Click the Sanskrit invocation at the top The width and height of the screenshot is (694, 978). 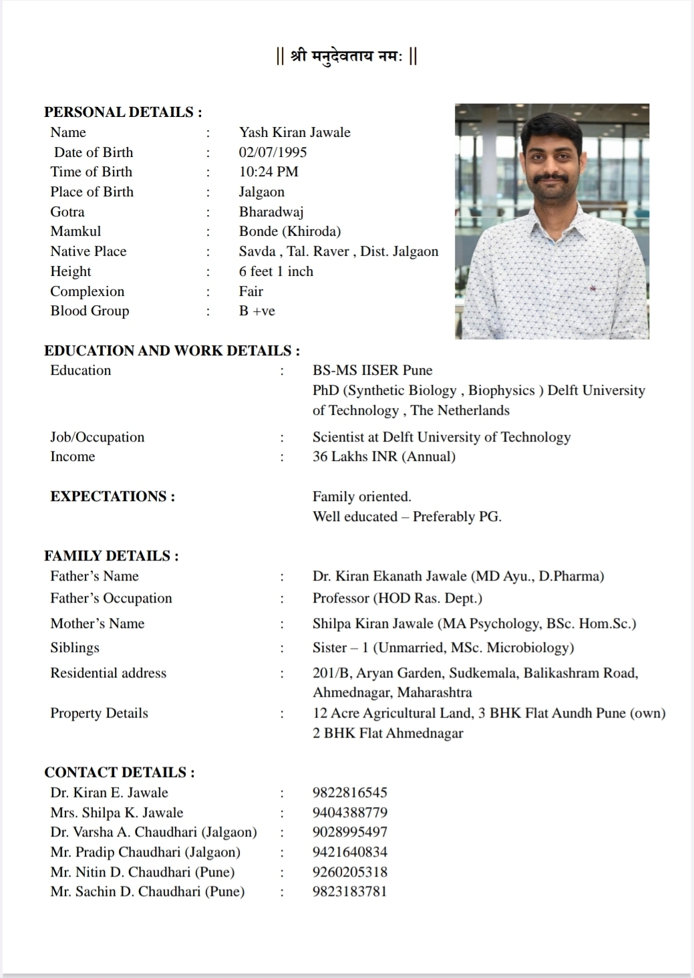347,57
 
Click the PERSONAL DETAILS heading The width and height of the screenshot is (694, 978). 123,112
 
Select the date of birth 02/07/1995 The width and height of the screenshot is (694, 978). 273,152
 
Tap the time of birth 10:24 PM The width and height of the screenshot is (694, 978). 269,172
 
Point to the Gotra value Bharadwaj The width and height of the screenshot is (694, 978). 271,212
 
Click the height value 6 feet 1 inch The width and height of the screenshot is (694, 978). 276,271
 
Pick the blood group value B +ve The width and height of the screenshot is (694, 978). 256,311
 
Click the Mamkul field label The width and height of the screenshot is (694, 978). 75,231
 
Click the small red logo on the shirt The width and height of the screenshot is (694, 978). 591,289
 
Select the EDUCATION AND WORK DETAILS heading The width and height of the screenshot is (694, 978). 172,351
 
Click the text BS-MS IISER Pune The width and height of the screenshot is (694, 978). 372,370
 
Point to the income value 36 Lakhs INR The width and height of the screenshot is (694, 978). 383,456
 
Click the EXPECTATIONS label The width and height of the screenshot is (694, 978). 112,496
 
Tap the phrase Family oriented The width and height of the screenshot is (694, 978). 361,496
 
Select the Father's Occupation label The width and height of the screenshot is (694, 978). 111,598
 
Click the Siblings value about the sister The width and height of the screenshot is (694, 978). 443,647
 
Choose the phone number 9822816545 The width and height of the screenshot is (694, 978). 349,792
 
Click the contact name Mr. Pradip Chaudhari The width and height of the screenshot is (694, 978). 145,852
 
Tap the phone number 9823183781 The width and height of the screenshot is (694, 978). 349,891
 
